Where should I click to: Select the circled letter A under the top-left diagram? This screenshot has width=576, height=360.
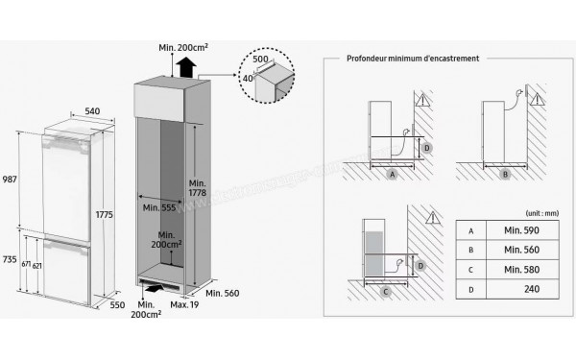coord(392,176)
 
